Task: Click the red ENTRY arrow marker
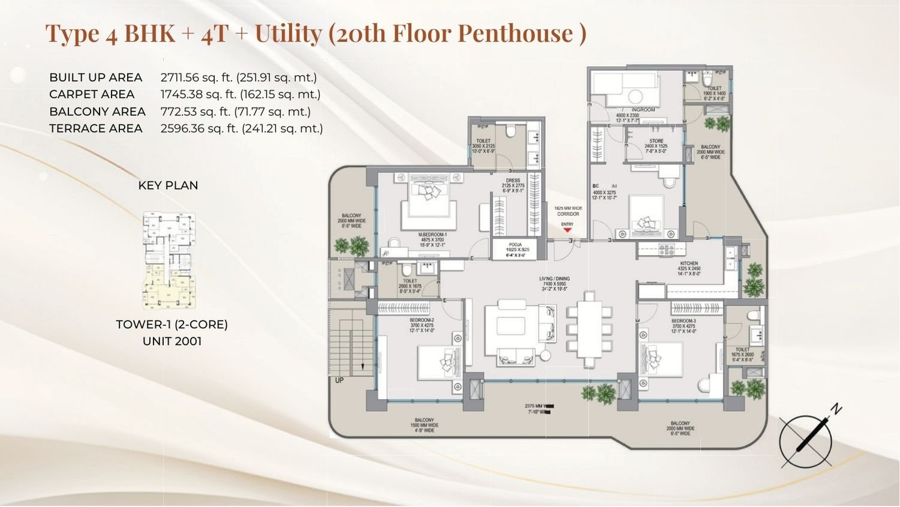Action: (567, 230)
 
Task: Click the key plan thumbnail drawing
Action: (169, 260)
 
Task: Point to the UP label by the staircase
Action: (340, 380)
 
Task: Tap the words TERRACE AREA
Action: (96, 128)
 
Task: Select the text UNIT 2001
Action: (172, 341)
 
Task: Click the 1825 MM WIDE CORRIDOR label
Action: (568, 211)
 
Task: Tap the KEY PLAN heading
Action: (168, 185)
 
